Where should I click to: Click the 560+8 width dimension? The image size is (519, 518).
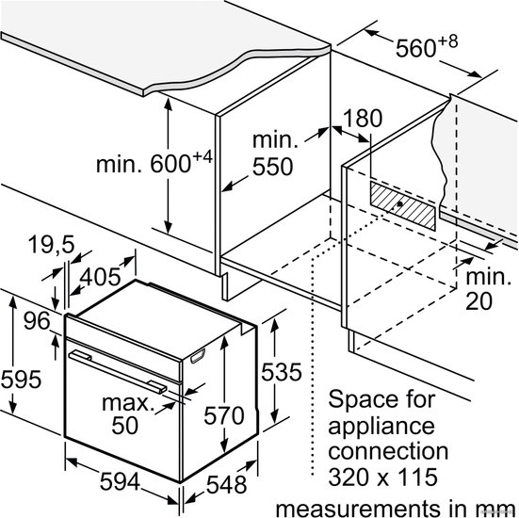(427, 46)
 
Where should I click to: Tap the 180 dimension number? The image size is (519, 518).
(363, 118)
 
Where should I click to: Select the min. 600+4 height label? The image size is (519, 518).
(154, 162)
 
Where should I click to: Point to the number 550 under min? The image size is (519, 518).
(273, 167)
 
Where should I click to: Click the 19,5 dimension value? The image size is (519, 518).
(52, 245)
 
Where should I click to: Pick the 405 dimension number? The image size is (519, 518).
(101, 277)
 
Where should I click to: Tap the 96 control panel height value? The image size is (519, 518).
(37, 321)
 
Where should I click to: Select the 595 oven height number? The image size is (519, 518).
(21, 380)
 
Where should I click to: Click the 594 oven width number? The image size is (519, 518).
(120, 481)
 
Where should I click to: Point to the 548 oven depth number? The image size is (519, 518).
(227, 485)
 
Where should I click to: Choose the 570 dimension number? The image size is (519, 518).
(224, 415)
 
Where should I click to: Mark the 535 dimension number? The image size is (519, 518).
(282, 372)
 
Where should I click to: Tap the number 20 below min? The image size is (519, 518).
(478, 301)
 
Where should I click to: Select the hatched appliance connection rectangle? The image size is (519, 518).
(403, 206)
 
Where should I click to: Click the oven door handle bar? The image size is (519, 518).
(118, 372)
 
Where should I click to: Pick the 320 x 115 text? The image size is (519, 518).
(383, 477)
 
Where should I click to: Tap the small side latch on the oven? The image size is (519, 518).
(198, 356)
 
